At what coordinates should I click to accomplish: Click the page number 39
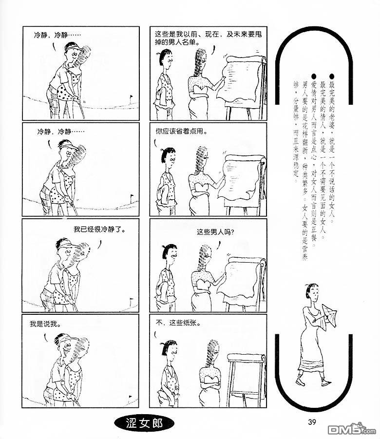[312, 422]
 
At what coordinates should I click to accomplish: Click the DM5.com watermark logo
[352, 429]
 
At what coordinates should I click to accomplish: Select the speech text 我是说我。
[46, 324]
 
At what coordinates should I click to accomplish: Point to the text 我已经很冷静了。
[99, 229]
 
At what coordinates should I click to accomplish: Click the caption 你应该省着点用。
[182, 131]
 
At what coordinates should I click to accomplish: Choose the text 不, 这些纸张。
[178, 323]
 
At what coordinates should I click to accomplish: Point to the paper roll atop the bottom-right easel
[246, 358]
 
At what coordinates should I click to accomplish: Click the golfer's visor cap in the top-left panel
[74, 48]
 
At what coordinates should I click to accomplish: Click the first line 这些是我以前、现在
[209, 34]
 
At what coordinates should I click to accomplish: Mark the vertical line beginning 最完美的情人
[323, 160]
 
